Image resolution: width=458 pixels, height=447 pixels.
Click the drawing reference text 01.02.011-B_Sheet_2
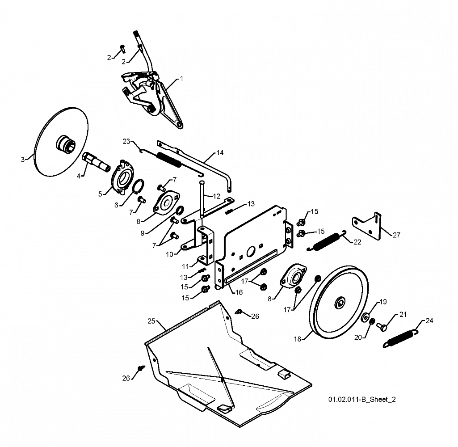[362, 399]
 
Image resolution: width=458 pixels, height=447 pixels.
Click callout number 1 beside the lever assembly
[181, 79]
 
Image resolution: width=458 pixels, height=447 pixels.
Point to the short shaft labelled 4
[97, 162]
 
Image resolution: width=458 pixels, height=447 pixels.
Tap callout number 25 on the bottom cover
[151, 321]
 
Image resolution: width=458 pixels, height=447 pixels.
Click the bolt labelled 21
[382, 326]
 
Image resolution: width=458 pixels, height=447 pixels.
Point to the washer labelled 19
[365, 317]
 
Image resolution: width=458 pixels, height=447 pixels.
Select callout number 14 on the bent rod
[220, 152]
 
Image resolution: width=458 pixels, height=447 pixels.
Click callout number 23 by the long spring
[126, 141]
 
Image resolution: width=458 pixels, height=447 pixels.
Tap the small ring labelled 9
[180, 210]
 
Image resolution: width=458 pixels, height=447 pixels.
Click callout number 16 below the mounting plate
[239, 292]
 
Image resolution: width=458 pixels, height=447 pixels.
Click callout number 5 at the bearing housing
[100, 194]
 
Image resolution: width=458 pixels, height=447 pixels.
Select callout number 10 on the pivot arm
[170, 254]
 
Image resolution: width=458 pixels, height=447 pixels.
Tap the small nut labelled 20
[372, 322]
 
